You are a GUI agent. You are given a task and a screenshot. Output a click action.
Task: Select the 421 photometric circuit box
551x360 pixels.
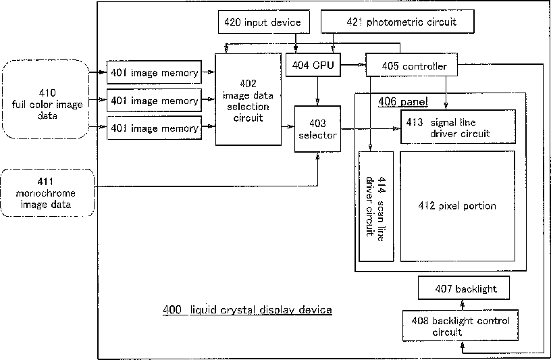click(398, 22)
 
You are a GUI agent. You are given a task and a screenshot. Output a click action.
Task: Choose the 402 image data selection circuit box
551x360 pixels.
click(248, 99)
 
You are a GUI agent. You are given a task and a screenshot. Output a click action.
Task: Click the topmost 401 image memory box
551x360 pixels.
click(155, 72)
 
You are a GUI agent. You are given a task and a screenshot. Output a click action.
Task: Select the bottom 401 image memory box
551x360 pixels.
click(155, 128)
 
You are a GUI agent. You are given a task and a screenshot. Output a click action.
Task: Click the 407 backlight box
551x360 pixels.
click(463, 289)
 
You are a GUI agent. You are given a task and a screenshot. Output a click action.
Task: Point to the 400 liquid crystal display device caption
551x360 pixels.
click(247, 310)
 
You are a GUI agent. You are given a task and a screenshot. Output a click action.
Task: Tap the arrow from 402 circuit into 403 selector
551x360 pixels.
click(288, 126)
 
